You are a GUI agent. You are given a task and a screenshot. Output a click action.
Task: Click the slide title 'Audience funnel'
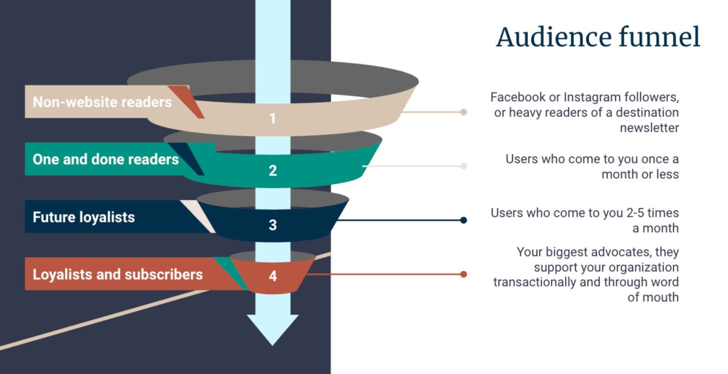point(598,37)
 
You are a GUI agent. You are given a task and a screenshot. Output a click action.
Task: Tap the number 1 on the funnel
point(273,119)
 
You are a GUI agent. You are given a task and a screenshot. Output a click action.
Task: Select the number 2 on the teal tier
point(273,171)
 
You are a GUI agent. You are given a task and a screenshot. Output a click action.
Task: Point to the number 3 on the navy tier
point(273,225)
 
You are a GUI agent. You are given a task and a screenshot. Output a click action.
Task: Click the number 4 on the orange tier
point(273,276)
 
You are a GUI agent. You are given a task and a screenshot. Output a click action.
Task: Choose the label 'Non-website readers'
point(102,102)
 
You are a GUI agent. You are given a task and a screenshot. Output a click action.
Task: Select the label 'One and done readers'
point(106,159)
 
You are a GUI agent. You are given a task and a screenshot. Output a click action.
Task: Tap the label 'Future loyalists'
point(84,217)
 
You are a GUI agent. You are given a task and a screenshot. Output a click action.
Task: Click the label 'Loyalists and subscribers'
point(117,274)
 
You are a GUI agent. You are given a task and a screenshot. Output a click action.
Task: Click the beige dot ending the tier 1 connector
point(463,112)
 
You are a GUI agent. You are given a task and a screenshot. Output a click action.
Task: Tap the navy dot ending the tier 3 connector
point(463,220)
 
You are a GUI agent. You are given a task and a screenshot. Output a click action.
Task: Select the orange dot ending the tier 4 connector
point(463,274)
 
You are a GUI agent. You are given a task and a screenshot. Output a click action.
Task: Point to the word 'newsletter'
point(649,128)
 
